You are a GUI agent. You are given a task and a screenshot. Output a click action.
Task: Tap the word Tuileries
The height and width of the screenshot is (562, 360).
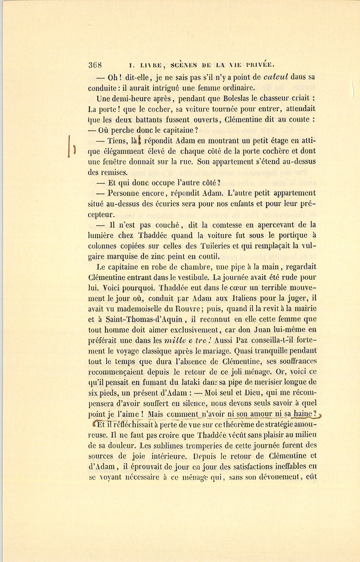click(227, 246)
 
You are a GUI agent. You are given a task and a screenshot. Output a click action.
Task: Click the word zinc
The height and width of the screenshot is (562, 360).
click(159, 257)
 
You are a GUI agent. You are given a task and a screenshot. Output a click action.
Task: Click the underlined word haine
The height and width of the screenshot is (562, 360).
click(304, 414)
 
